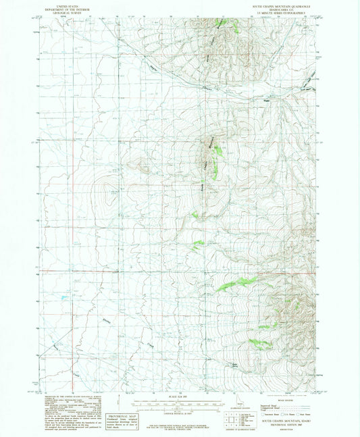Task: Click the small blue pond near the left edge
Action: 61,297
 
